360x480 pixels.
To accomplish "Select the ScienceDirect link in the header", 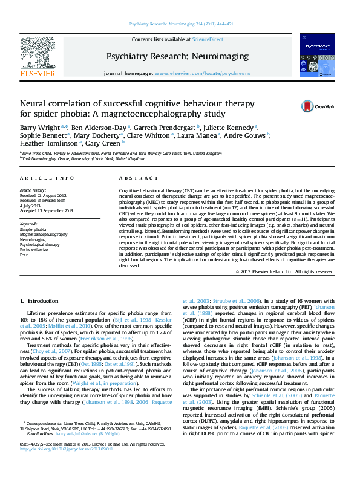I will coord(207,39).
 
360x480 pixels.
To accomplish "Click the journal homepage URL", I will coord(203,73).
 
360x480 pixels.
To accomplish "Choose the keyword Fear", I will coord(24,255).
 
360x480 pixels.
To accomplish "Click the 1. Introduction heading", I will coord(39,300).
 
